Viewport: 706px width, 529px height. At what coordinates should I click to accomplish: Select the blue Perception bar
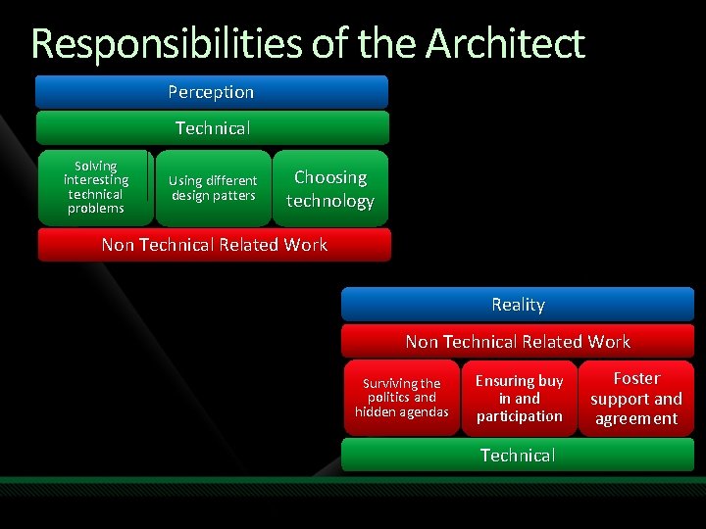[211, 92]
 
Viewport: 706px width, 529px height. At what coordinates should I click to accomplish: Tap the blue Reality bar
[518, 305]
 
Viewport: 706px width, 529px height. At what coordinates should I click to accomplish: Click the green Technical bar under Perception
[212, 127]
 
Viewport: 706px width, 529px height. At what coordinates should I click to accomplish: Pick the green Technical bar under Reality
[518, 455]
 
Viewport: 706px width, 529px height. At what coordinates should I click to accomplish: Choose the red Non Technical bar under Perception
[214, 245]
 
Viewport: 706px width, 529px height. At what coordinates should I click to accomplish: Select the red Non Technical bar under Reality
[518, 341]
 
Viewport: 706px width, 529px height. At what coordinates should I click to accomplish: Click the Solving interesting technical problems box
[95, 187]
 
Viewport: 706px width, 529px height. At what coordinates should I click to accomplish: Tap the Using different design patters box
[213, 187]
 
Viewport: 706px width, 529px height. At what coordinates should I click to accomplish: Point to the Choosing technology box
[330, 188]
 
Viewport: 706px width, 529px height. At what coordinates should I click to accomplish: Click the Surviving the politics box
[401, 397]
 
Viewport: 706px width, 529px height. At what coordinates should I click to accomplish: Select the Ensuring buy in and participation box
[519, 398]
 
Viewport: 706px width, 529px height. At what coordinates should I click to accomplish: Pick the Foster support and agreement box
[635, 398]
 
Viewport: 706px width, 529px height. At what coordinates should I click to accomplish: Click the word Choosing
[330, 177]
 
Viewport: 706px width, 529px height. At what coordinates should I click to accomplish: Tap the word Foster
[636, 378]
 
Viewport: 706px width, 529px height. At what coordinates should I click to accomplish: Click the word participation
[519, 416]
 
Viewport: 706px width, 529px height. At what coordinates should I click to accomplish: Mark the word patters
[235, 195]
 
